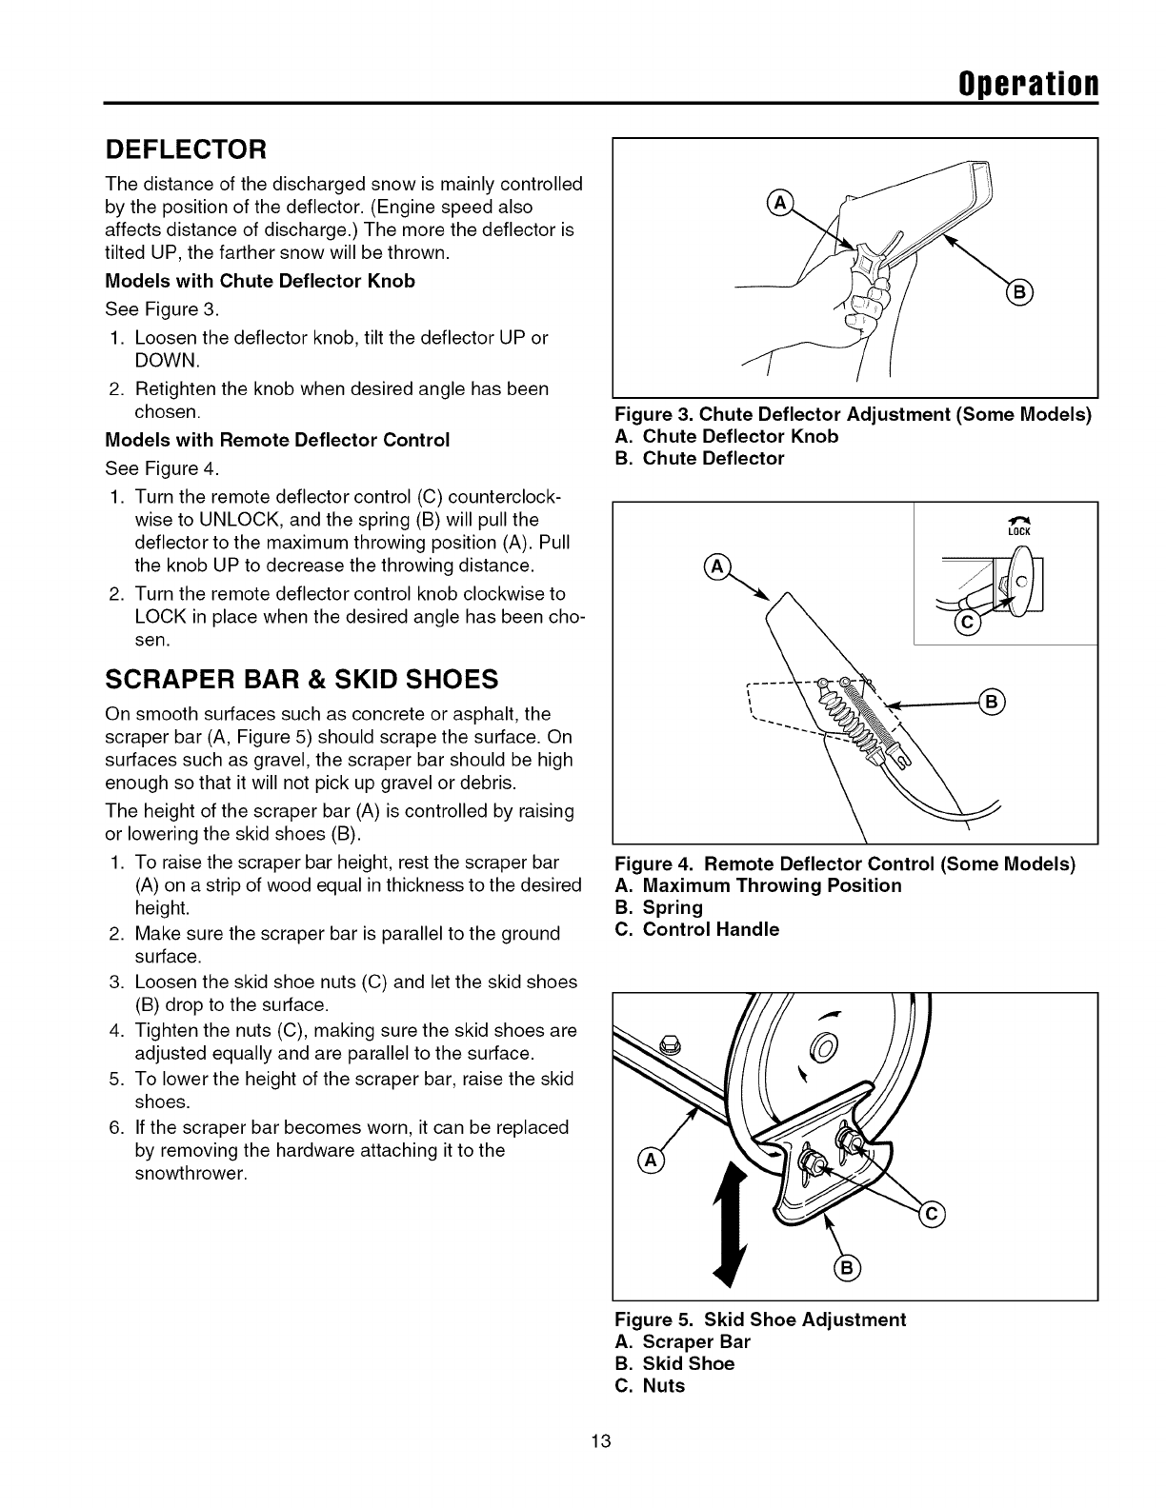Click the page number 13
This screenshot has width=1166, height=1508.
click(599, 1466)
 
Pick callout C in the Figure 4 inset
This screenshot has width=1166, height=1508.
click(964, 624)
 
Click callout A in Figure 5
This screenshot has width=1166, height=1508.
click(650, 1160)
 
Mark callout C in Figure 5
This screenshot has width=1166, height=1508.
click(932, 1212)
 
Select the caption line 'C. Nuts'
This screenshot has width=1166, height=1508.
click(651, 1385)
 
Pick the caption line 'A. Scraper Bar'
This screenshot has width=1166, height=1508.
click(683, 1341)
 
